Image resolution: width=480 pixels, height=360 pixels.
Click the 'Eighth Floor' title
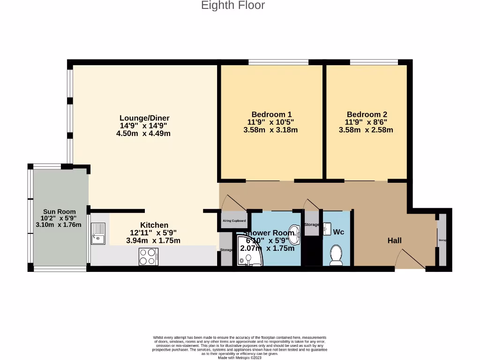pos(233,6)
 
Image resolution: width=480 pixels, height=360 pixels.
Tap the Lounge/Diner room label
pos(144,118)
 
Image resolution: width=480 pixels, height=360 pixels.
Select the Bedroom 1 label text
pos(271,114)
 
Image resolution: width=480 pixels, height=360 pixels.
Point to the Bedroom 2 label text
pos(367,114)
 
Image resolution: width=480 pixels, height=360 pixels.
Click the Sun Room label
pos(60,211)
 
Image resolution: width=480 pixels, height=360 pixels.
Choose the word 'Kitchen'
pos(154,225)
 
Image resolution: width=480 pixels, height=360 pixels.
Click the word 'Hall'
pos(394,240)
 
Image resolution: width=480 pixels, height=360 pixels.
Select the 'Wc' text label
pos(338,232)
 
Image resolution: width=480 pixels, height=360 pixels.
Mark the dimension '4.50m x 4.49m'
pos(143,134)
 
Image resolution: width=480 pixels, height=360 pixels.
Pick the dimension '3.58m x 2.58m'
pos(366,130)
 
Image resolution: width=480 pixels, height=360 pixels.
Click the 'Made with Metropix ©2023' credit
pos(240,358)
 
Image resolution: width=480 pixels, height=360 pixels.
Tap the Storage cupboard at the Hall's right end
pos(442,240)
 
